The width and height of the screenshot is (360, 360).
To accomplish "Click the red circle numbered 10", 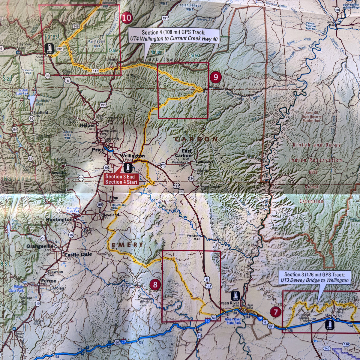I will coord(127,17).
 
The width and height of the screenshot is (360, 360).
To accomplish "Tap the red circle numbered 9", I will coord(215,77).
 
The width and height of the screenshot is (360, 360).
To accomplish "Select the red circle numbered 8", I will coord(155,284).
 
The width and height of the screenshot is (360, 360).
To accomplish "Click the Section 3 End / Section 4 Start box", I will coord(121,179).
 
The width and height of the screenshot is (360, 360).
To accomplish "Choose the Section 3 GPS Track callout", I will coord(314,278).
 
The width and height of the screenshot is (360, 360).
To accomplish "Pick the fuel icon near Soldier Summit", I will coord(49,48).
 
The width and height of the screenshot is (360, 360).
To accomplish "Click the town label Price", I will coord(98,149).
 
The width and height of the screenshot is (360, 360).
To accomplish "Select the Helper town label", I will coord(87,125).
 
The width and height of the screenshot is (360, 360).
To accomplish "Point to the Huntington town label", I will coord(59,220).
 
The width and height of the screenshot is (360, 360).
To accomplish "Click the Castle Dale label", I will coord(78,254).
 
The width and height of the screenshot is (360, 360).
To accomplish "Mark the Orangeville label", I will coord(40,246).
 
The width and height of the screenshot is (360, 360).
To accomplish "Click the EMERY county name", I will coord(127,245).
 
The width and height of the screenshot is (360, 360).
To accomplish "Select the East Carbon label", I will coord(183,153).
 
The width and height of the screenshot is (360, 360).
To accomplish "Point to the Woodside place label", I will coord(193,235).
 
